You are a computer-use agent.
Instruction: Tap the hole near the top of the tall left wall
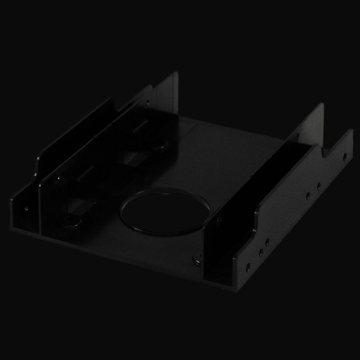(x=147, y=102)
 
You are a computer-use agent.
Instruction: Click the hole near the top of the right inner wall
(x=297, y=136)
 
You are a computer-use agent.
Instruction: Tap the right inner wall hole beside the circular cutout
(x=219, y=219)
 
